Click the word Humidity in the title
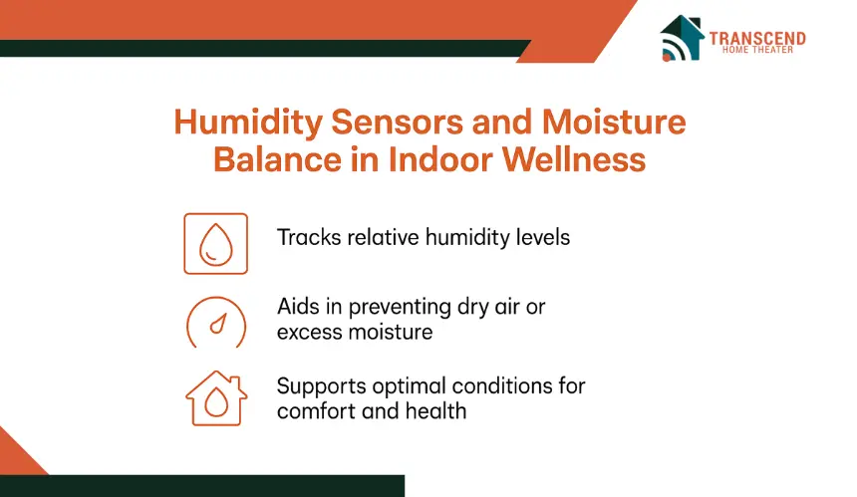pyautogui.click(x=248, y=123)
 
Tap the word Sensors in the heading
pyautogui.click(x=398, y=122)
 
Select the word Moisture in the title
pyautogui.click(x=614, y=122)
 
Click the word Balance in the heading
pyautogui.click(x=277, y=159)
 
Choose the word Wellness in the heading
pyautogui.click(x=574, y=159)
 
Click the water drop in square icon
pyautogui.click(x=216, y=244)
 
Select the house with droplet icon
pyautogui.click(x=216, y=398)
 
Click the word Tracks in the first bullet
pyautogui.click(x=309, y=238)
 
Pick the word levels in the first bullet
pyautogui.click(x=543, y=238)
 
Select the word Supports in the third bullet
pyautogui.click(x=321, y=387)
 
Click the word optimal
pyautogui.click(x=409, y=387)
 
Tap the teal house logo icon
pyautogui.click(x=682, y=38)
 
